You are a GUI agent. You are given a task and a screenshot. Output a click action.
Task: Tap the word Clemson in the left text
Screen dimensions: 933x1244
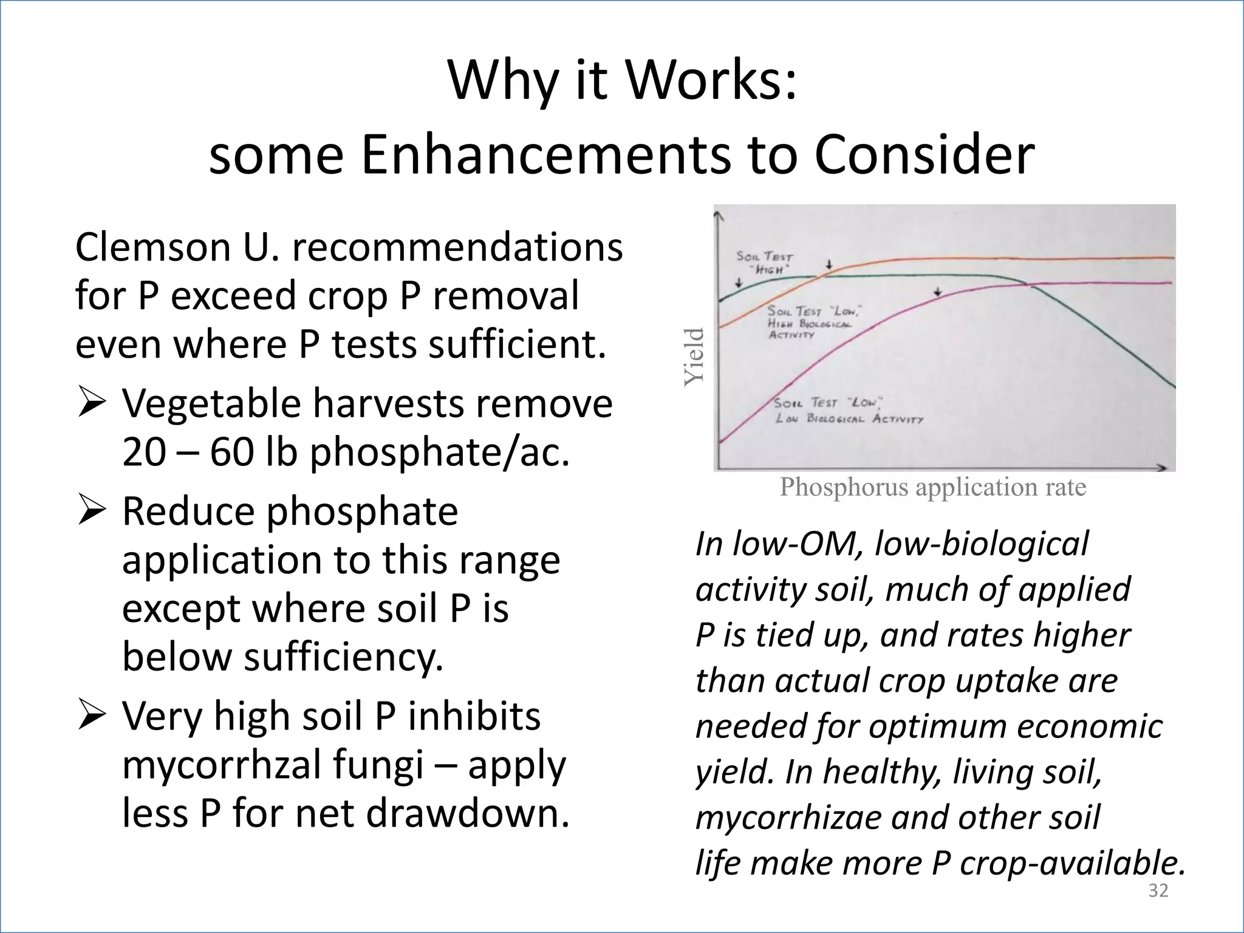(x=152, y=247)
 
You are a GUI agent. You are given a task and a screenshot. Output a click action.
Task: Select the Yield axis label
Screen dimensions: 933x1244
(x=694, y=357)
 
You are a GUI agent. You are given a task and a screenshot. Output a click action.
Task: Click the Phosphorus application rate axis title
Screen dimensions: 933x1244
(x=932, y=487)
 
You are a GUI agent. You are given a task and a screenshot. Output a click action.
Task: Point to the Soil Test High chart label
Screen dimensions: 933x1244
(x=764, y=262)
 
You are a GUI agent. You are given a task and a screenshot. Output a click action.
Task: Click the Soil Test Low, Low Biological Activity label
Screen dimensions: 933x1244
(x=847, y=411)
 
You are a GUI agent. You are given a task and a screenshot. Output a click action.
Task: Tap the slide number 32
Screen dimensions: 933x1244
(x=1158, y=890)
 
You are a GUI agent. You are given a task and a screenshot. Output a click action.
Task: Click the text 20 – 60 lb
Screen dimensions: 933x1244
(x=213, y=453)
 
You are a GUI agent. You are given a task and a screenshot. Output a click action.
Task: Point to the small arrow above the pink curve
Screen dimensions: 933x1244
(x=938, y=292)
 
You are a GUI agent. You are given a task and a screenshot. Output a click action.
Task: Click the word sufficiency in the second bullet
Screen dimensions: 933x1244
(x=343, y=657)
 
